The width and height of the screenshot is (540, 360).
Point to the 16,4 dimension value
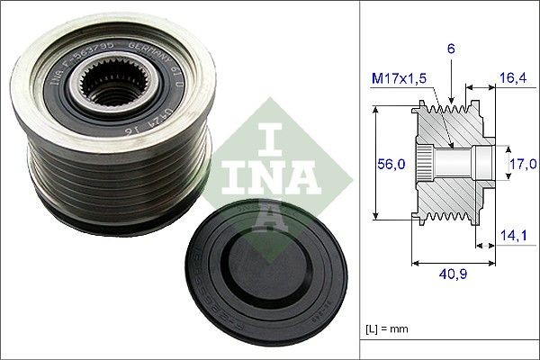pos(514,79)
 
